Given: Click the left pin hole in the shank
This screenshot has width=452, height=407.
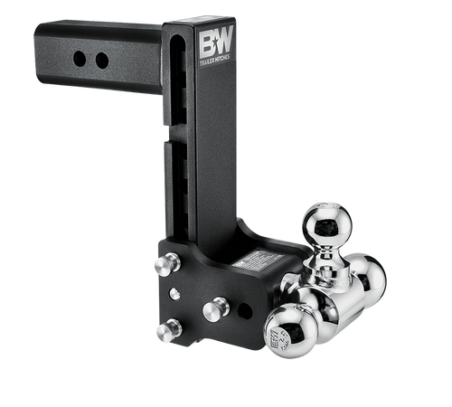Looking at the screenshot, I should click(x=80, y=59).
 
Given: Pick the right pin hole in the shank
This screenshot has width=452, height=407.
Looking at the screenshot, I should click(x=101, y=61).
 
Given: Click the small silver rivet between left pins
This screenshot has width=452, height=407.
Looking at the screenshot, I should click(x=174, y=294).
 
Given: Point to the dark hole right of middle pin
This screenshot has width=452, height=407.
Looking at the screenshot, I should click(x=244, y=310).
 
